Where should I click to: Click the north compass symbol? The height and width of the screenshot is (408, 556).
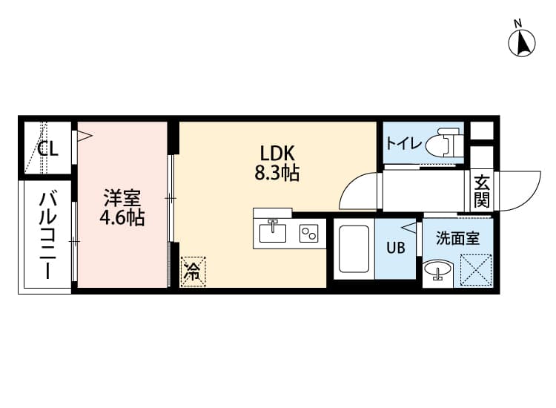[x=523, y=42]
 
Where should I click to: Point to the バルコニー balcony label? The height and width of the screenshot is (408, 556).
[x=49, y=234]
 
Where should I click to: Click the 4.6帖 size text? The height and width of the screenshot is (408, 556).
[x=122, y=219]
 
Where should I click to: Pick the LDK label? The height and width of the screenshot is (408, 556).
[x=277, y=154]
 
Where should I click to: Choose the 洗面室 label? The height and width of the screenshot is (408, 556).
[x=458, y=239]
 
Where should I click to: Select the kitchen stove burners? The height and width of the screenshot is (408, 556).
[x=309, y=234]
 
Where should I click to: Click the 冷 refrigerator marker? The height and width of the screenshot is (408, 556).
[x=192, y=272]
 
